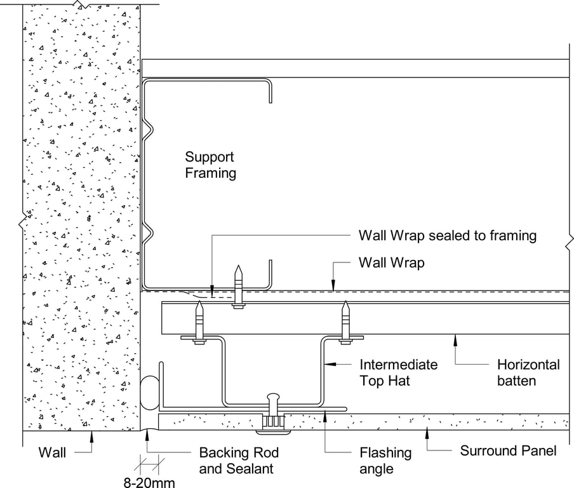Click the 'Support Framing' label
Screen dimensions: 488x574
(x=210, y=165)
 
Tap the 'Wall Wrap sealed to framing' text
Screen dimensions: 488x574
(x=447, y=236)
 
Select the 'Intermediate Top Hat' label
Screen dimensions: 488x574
(x=398, y=372)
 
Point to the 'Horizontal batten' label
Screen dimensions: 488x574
(x=528, y=372)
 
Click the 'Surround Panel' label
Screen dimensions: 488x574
(x=508, y=451)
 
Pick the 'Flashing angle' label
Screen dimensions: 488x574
(x=385, y=461)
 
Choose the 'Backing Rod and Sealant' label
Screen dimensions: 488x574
(x=239, y=461)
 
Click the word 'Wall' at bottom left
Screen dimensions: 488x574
(x=53, y=453)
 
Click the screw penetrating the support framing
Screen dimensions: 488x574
(x=238, y=286)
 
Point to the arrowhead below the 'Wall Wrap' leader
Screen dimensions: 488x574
(x=333, y=288)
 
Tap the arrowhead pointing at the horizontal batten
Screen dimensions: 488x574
(x=453, y=339)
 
